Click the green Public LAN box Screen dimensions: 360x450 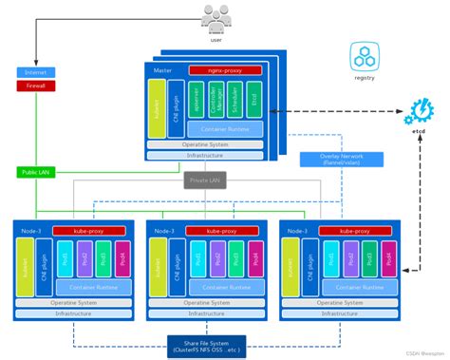click(36, 172)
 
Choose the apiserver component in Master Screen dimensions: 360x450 click(197, 100)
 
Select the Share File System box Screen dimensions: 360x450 click(206, 345)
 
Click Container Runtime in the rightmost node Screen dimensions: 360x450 click(358, 286)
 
